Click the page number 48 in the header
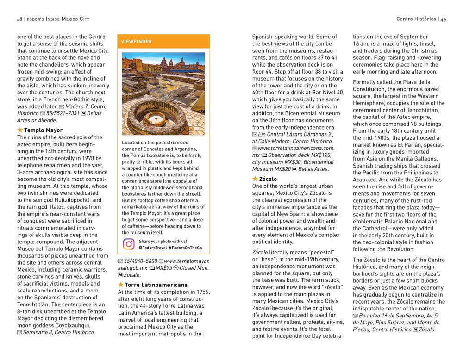coord(19,19)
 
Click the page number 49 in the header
coord(443,19)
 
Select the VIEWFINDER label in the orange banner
coord(137,42)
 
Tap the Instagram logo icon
coord(129,244)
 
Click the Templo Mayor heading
coord(43,130)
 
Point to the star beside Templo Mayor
coord(20,130)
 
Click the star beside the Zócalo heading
coord(255,179)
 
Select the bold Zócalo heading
coord(269,179)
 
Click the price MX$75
coord(164,268)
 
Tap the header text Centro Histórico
coord(416,19)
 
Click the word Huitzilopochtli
coord(71,199)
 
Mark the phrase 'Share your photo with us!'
coord(163,241)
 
